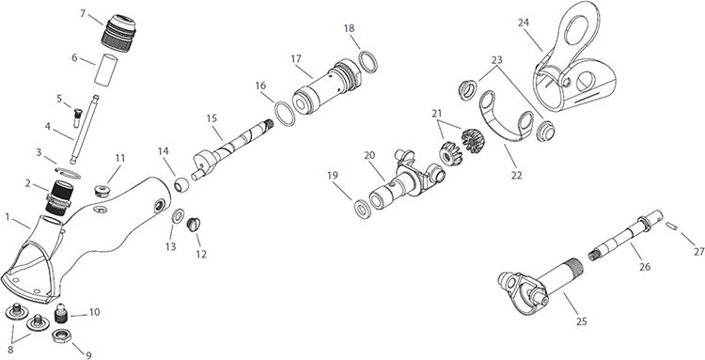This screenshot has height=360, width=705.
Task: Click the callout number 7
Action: point(83,13)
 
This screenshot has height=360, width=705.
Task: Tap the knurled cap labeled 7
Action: point(118,33)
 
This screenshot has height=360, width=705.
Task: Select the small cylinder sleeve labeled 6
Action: point(106,70)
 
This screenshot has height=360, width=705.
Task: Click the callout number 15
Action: point(211,118)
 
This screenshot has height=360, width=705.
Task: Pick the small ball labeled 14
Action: point(181,184)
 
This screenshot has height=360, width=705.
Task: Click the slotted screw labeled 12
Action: point(193,225)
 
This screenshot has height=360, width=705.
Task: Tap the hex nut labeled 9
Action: point(60,337)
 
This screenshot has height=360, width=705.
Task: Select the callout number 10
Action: point(94,312)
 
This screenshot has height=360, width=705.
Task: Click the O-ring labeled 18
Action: point(368,62)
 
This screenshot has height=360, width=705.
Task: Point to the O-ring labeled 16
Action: point(285,114)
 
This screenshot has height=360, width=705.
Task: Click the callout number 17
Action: point(296,59)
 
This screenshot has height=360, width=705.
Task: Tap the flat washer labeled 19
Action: point(363,210)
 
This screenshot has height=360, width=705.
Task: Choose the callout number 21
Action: point(436,114)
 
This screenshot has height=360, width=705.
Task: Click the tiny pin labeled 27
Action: point(672,227)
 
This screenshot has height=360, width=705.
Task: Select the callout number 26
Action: point(645,267)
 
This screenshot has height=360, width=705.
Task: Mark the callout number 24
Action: point(524,23)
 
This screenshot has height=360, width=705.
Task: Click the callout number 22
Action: point(517,175)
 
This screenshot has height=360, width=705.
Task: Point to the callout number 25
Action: point(581,321)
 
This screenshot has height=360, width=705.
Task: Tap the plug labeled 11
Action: point(103,191)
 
